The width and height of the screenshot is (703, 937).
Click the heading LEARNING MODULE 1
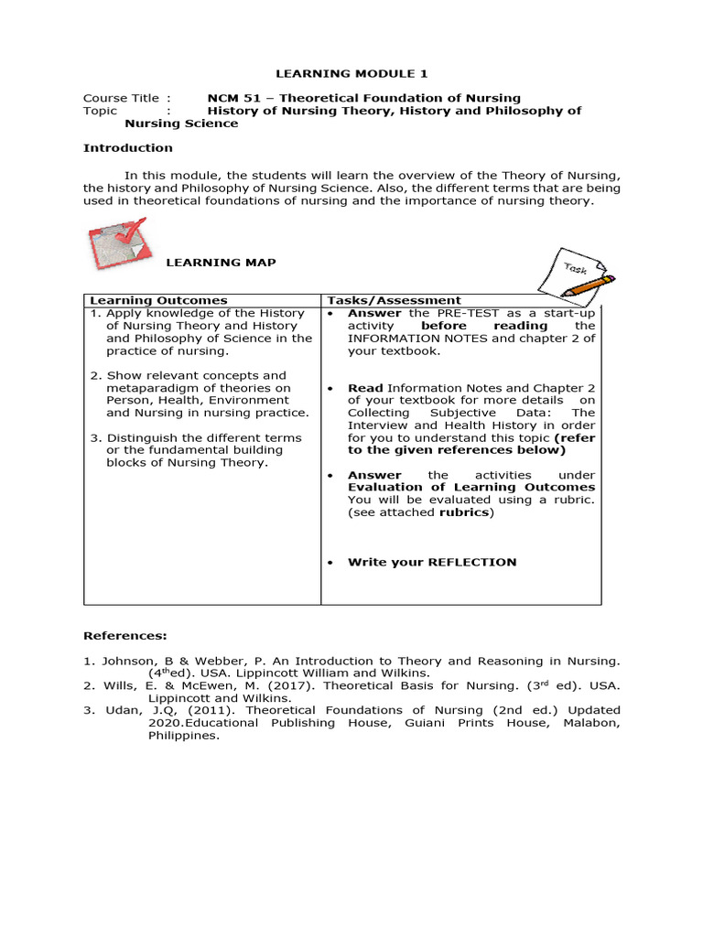(x=340, y=73)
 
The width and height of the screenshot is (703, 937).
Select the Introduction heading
(x=127, y=147)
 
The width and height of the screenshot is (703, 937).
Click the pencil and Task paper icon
(x=568, y=275)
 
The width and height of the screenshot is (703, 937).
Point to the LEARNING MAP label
(x=220, y=263)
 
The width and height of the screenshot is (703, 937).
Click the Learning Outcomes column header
(x=158, y=300)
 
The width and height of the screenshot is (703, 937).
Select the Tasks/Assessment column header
(x=395, y=300)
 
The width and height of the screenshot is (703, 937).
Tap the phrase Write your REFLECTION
(x=432, y=562)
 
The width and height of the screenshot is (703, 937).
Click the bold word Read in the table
(x=365, y=388)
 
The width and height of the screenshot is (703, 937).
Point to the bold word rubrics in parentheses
(x=466, y=512)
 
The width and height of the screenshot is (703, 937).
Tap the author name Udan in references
(x=115, y=709)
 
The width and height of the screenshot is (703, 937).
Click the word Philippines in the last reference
(x=184, y=734)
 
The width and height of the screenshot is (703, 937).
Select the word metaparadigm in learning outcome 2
(x=150, y=388)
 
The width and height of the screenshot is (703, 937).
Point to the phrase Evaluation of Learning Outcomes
(x=471, y=488)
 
